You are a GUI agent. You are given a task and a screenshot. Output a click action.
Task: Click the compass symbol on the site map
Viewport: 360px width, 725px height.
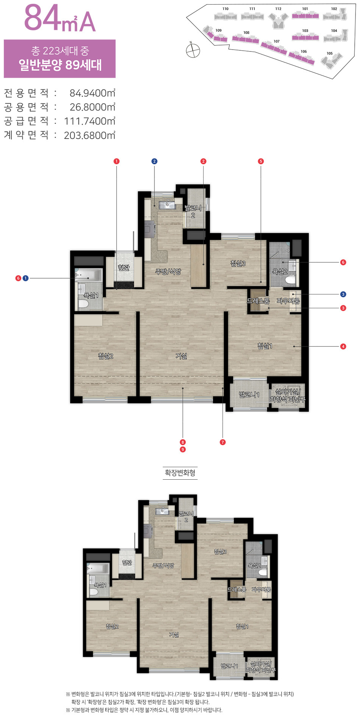click(193, 50)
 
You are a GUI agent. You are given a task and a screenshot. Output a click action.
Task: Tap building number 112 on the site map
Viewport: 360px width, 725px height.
click(278, 9)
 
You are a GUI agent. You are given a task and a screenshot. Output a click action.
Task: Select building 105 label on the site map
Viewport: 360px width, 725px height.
click(329, 53)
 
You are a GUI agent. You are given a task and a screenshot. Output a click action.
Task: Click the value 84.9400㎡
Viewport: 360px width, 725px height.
click(92, 93)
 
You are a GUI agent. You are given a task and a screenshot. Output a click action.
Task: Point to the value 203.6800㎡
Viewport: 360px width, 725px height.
click(90, 135)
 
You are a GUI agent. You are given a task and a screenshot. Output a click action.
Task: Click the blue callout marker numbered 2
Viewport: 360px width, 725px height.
click(154, 161)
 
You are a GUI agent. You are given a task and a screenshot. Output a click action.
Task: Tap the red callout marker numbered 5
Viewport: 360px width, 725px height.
click(260, 161)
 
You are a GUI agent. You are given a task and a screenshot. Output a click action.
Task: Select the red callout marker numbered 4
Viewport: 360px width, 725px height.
click(343, 346)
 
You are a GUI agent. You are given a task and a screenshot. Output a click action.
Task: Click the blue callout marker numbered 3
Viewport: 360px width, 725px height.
click(343, 294)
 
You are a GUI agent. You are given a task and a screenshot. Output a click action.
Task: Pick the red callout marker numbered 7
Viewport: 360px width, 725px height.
click(223, 442)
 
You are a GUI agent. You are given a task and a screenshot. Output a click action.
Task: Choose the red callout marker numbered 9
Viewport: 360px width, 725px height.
click(183, 449)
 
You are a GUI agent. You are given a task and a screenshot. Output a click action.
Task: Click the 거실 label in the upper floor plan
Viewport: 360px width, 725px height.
click(181, 356)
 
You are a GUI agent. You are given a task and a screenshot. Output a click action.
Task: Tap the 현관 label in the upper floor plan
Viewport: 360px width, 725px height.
click(123, 268)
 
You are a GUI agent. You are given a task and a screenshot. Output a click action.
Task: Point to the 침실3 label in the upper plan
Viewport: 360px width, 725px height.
click(238, 263)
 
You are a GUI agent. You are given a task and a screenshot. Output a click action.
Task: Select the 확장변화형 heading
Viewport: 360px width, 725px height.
click(180, 473)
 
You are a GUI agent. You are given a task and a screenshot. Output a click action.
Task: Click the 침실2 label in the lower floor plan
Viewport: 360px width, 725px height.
click(112, 627)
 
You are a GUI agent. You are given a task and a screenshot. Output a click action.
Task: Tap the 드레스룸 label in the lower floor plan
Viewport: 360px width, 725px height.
click(237, 590)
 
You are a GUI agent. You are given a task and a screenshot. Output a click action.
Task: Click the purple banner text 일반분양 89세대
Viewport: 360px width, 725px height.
click(60, 65)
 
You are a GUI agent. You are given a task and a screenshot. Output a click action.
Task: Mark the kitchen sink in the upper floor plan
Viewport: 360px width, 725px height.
click(167, 205)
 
